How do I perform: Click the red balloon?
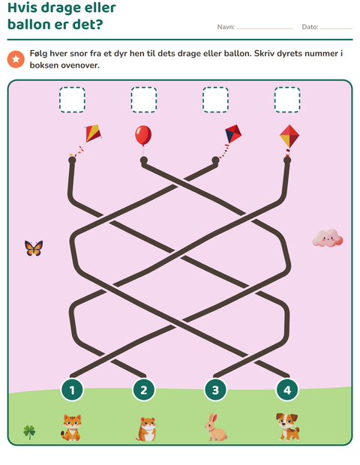tap(143, 135)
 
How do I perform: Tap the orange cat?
tap(71, 427)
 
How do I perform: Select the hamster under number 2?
tap(146, 429)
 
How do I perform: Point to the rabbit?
tap(215, 427)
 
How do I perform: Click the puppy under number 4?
tap(288, 427)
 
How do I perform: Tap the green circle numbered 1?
tap(72, 390)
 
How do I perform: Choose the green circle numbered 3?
tap(215, 390)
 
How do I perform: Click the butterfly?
tap(34, 248)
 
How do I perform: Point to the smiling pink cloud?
tap(328, 238)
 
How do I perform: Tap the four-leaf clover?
tap(29, 432)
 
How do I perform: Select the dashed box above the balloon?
tap(144, 100)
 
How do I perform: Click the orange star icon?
tap(16, 59)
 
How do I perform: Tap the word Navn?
tap(226, 27)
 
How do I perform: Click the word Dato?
tap(310, 27)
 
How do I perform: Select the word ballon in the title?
tap(29, 24)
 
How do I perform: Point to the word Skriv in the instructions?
tap(265, 53)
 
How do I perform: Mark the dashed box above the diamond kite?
tap(287, 100)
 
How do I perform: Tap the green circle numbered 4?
tap(287, 390)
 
